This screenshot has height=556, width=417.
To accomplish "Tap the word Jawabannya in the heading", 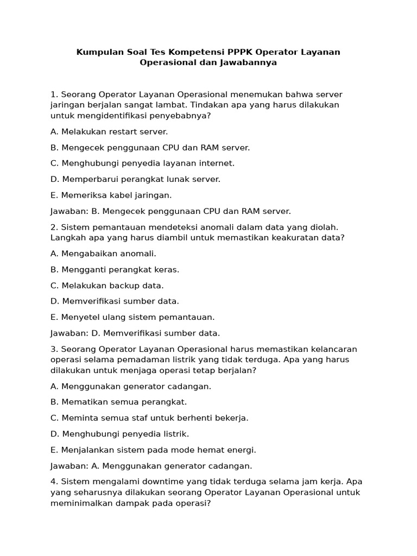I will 249,62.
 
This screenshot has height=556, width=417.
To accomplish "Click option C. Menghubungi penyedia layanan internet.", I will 142,163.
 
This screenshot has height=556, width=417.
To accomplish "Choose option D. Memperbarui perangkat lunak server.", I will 135,179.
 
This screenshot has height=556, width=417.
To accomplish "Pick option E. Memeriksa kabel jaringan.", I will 111,195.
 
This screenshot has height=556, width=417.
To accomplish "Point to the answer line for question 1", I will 170,211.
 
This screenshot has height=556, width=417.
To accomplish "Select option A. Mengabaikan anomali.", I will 103,254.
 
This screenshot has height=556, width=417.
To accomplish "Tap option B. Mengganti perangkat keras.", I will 115,269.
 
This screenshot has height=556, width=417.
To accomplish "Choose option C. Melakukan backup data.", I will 107,285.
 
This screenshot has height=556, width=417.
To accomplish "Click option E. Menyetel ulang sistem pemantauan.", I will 132,317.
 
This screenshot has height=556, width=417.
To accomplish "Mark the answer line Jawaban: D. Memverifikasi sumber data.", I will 135,333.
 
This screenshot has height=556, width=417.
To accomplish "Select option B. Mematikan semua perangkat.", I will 118,402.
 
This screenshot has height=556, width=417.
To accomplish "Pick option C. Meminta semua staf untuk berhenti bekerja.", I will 149,418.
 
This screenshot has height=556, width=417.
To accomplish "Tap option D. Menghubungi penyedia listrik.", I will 119,434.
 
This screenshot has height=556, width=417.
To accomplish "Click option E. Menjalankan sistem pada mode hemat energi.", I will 153,450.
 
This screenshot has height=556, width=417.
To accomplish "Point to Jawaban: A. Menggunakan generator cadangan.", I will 151,466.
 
